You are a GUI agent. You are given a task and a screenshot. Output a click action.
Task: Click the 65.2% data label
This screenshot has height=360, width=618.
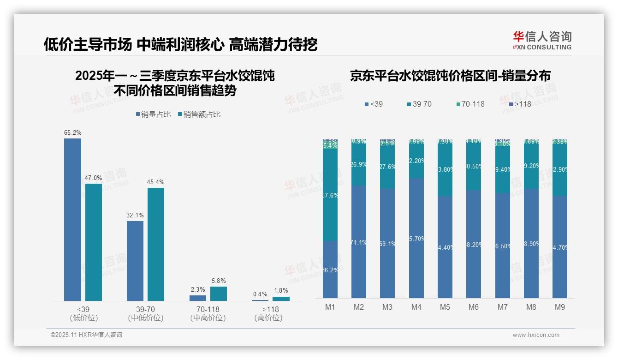(73, 133)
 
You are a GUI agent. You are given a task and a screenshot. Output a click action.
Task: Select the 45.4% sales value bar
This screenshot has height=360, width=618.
(156, 244)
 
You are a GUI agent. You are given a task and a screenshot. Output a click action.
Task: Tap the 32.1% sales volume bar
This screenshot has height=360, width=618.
(135, 261)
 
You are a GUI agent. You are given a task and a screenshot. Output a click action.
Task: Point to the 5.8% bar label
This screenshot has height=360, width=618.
(219, 281)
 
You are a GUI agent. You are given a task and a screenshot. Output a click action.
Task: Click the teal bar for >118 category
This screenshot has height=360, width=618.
(281, 299)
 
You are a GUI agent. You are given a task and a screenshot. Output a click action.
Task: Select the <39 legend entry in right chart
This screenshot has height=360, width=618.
(373, 104)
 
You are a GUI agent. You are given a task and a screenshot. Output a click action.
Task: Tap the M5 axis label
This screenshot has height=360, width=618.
(445, 307)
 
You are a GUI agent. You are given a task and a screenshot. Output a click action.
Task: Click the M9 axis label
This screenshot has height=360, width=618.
(559, 307)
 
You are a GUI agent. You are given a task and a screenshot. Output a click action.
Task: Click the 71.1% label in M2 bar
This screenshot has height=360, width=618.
(359, 242)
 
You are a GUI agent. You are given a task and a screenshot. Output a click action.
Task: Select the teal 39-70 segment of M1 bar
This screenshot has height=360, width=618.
(330, 195)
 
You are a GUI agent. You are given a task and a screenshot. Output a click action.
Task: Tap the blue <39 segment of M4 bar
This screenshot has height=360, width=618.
(416, 238)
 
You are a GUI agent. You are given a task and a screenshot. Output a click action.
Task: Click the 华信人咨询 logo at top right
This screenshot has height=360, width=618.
(542, 40)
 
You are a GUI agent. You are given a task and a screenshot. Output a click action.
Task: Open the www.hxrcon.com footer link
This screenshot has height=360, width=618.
(536, 335)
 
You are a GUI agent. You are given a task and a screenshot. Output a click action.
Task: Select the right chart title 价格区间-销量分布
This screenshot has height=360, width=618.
(450, 76)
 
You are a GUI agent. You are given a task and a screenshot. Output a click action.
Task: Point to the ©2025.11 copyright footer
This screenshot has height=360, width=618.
(86, 335)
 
